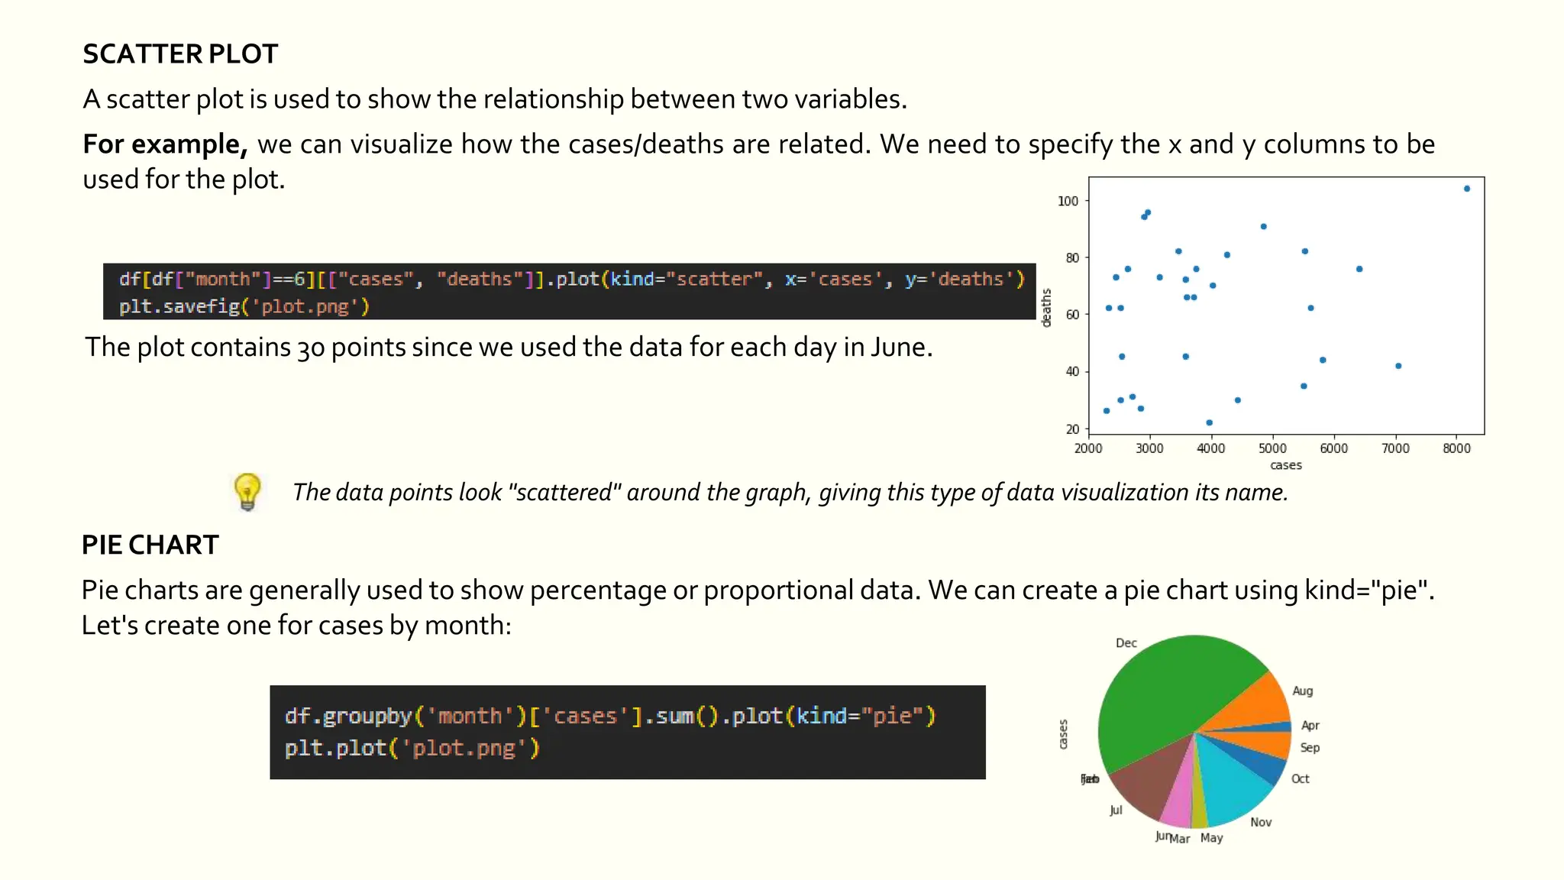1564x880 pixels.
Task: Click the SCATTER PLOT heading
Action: point(180,54)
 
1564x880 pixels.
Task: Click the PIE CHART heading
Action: point(150,545)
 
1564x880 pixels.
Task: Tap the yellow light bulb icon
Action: point(247,491)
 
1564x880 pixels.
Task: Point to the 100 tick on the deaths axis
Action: point(1068,201)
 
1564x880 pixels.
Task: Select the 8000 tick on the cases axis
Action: point(1456,448)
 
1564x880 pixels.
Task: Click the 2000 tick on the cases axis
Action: point(1088,448)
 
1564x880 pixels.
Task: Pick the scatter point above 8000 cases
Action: point(1467,189)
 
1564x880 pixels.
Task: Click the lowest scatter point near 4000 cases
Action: point(1210,422)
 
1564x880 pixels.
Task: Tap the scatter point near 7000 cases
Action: point(1398,366)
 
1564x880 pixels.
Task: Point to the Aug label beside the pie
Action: point(1302,691)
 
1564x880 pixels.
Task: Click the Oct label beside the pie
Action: point(1300,779)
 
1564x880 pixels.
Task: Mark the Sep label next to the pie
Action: point(1310,748)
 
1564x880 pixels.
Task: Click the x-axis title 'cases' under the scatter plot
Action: point(1286,465)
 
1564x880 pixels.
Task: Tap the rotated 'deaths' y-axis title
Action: point(1047,308)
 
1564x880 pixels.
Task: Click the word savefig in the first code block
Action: point(202,306)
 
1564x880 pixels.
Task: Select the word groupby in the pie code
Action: point(367,717)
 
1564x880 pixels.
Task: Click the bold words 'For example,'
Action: point(165,144)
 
